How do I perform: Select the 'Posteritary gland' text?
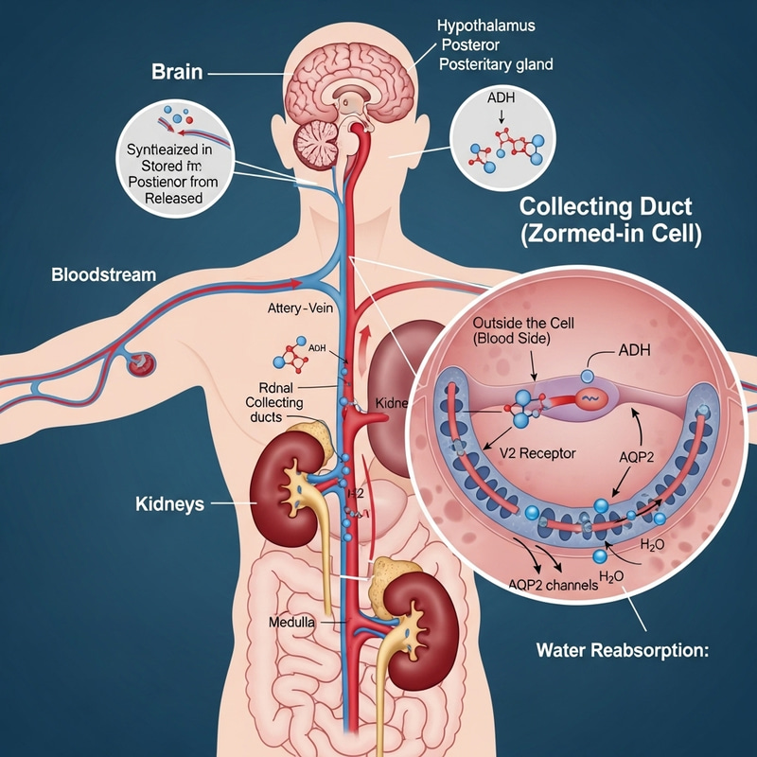[496, 65]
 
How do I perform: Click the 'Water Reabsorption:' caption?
[622, 650]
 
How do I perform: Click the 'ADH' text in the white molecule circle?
[497, 97]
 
